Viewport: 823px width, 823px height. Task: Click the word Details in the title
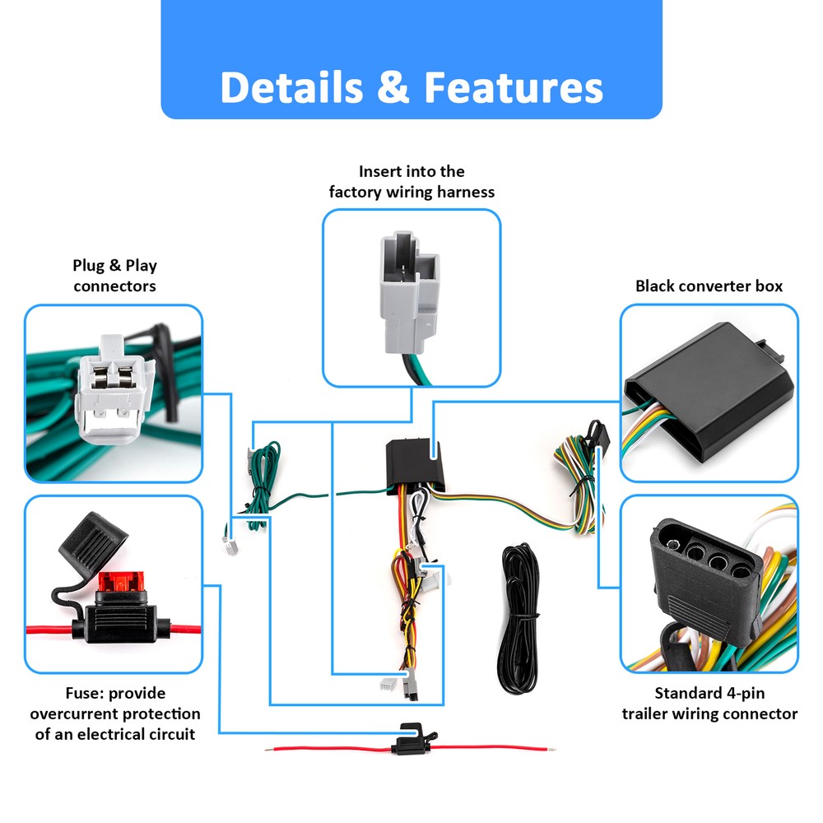click(290, 87)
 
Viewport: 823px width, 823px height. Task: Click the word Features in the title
click(513, 87)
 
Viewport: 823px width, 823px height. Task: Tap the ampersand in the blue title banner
click(393, 88)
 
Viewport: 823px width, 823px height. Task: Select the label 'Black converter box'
click(709, 286)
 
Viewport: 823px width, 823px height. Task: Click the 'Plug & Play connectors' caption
click(114, 276)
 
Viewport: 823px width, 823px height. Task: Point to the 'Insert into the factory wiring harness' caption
click(411, 182)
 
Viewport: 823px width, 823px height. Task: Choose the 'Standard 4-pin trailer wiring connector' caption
click(709, 704)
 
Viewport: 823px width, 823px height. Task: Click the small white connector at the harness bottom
click(388, 684)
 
